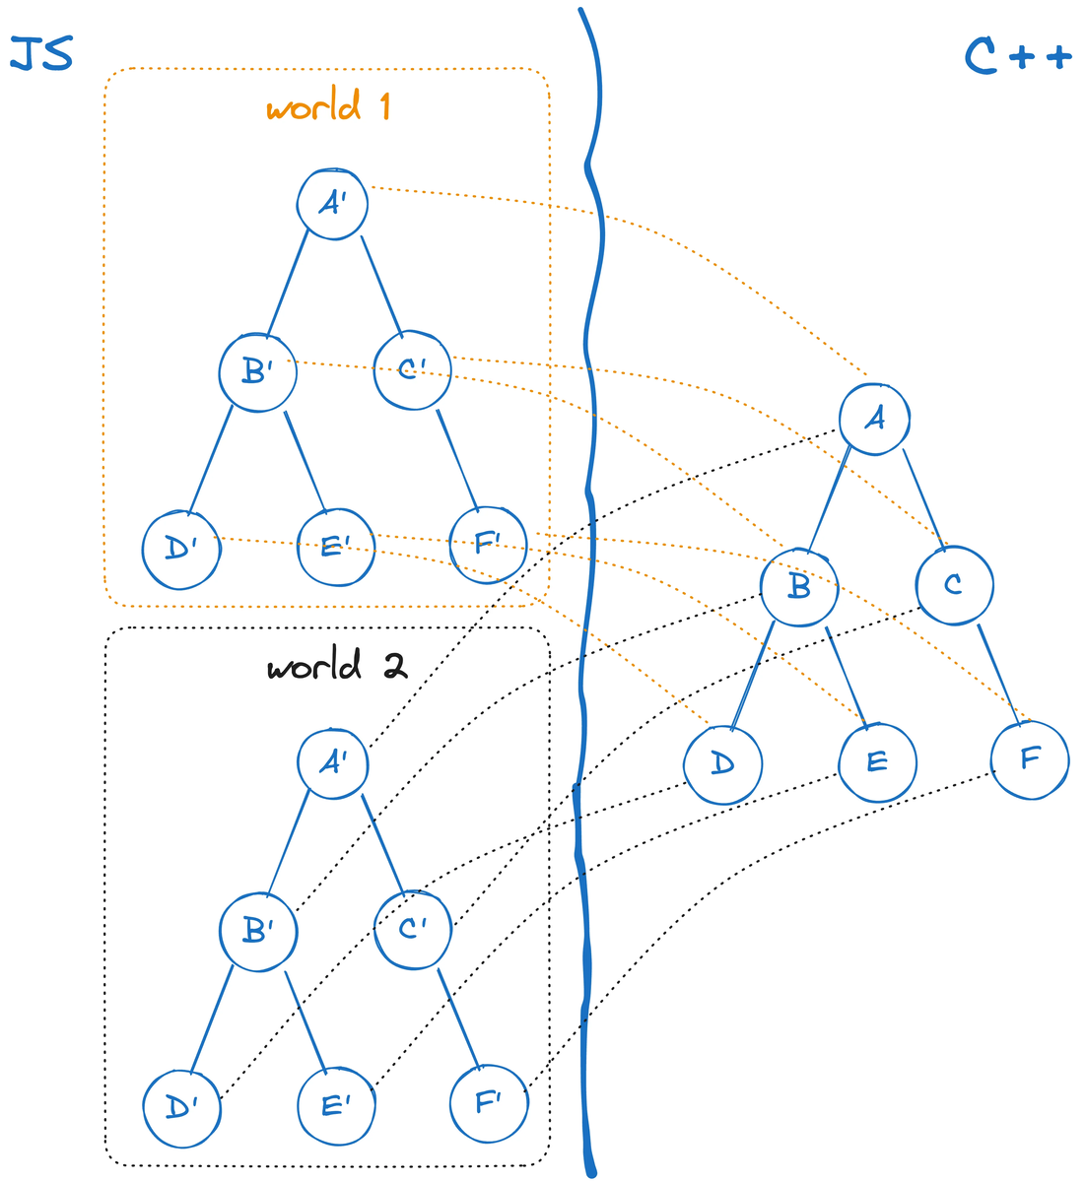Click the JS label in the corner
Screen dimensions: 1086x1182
click(41, 53)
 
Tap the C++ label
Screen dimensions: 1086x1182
click(1018, 56)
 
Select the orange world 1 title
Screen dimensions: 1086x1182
click(327, 104)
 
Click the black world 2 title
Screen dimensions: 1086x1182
click(337, 665)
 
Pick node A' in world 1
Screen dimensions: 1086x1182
click(332, 204)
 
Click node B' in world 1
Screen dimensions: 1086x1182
click(257, 372)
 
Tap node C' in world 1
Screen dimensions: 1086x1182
click(413, 370)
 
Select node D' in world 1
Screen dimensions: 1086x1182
click(181, 550)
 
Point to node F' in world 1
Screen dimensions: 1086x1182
click(488, 545)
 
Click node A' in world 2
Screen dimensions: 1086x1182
click(333, 763)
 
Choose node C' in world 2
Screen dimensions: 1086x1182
click(413, 929)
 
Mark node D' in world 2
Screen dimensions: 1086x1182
click(181, 1108)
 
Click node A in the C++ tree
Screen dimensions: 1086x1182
click(874, 419)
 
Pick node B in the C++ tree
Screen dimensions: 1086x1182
click(799, 587)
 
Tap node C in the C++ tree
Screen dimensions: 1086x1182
click(955, 585)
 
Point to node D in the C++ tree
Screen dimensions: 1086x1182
click(722, 764)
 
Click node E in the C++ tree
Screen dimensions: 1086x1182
click(878, 762)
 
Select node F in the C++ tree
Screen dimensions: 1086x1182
click(1030, 759)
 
